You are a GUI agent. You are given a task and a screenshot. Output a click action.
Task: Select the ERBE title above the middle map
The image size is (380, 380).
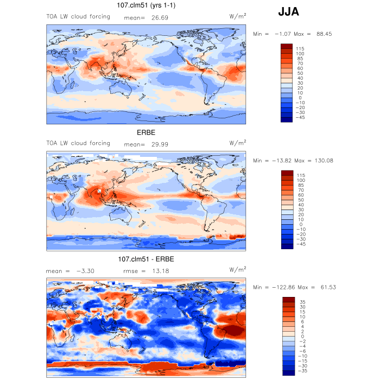145,132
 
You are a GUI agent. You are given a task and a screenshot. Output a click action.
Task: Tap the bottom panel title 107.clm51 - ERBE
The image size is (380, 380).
146,258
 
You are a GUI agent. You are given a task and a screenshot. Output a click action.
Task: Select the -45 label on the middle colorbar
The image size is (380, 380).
301,244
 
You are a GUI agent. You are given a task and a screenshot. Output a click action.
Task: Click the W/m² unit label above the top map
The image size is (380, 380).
237,17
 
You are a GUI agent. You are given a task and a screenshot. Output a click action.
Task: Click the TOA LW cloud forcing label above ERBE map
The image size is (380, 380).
78,143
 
